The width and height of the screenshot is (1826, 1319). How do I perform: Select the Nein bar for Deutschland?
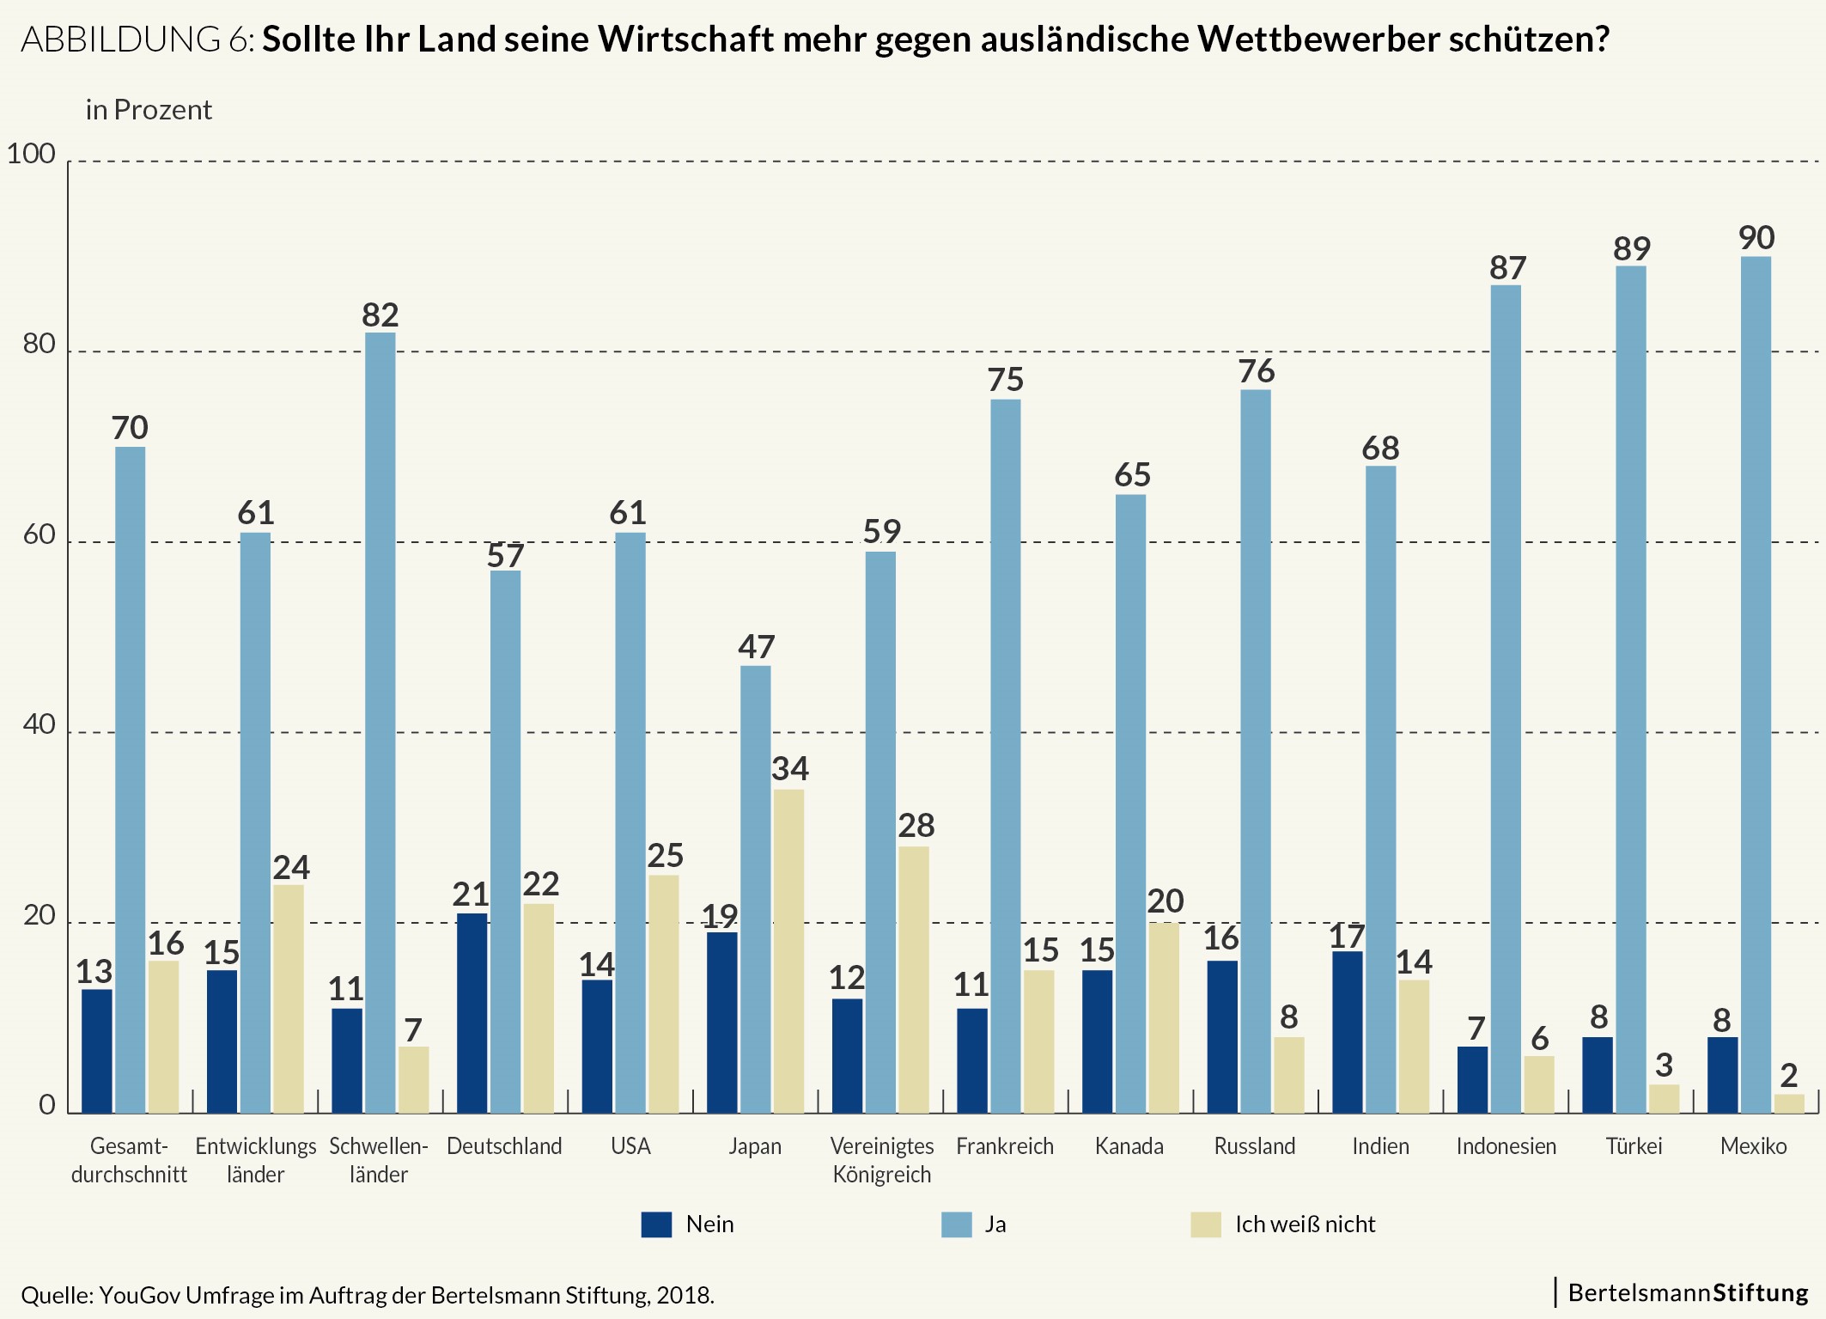472,1013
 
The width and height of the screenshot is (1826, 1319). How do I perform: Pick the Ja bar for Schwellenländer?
380,722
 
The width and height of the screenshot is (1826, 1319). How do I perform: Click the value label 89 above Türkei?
1631,249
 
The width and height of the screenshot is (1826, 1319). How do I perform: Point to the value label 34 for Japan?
789,768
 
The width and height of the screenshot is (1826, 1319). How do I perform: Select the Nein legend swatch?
656,1224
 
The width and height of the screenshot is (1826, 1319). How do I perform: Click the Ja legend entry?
995,1224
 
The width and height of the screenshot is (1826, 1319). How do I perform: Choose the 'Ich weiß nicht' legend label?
1305,1224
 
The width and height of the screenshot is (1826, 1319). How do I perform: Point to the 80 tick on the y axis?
39,345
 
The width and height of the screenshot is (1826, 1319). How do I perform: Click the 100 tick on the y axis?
31,154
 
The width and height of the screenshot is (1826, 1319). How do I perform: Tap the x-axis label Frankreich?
1004,1146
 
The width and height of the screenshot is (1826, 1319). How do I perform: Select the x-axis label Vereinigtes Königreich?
881,1160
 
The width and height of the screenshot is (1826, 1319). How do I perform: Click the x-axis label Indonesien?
1506,1146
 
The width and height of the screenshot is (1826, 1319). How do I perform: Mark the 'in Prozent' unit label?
148,110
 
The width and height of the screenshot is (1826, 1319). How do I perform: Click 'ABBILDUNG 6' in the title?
135,40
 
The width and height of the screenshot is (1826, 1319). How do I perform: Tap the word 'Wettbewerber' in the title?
1318,40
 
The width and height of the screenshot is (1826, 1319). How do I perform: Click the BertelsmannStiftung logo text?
1688,1293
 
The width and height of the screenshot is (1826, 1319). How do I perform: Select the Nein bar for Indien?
1347,1032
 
